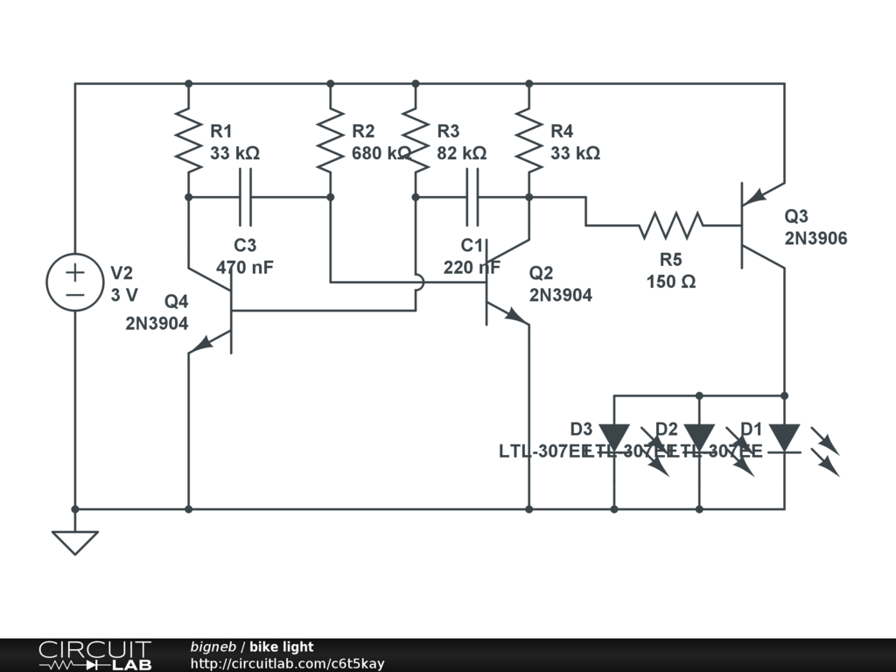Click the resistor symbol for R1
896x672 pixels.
[x=188, y=140]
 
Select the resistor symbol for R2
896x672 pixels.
[x=330, y=140]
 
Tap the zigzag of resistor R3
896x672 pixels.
[x=415, y=140]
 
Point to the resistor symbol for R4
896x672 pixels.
[x=528, y=140]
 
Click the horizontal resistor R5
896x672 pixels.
[x=670, y=225]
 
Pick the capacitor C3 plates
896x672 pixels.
[x=245, y=197]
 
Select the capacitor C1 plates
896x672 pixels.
[x=472, y=197]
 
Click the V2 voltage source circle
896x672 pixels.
[x=75, y=283]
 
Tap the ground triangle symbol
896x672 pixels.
[x=75, y=542]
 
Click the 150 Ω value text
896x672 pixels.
[x=671, y=282]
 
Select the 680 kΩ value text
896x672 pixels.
[x=381, y=153]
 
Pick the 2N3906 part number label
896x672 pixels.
[x=815, y=238]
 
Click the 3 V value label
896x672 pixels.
[x=125, y=295]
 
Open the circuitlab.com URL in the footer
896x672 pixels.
[x=287, y=663]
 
